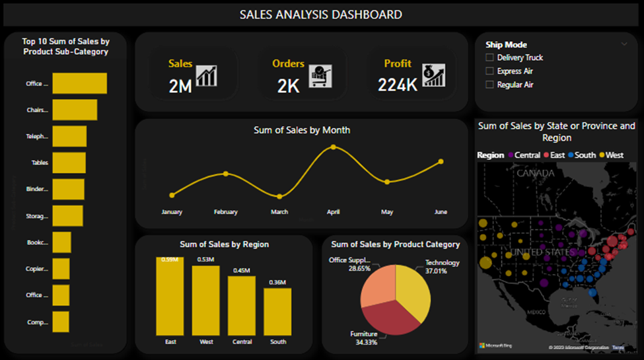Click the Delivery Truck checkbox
tap(489, 58)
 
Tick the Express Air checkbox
tap(489, 71)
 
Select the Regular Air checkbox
tap(489, 85)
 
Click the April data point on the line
tap(333, 147)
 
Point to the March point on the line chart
tap(279, 196)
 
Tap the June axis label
tap(441, 212)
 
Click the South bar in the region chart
tap(277, 311)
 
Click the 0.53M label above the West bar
tap(206, 260)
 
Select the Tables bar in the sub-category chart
tap(69, 162)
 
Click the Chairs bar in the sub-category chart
tap(75, 110)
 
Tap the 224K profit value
tap(397, 85)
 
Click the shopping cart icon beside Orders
tap(320, 75)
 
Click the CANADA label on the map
tap(536, 173)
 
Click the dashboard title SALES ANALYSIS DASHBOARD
tap(320, 15)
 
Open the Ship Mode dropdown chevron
tap(624, 44)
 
